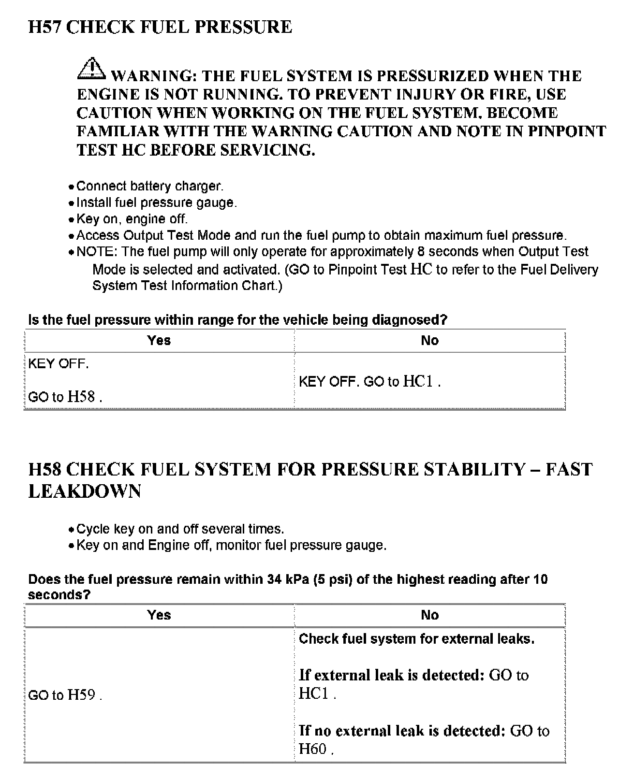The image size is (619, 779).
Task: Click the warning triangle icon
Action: [x=91, y=69]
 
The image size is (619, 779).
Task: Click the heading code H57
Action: [x=44, y=27]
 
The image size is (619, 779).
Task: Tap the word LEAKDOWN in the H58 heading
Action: [x=85, y=491]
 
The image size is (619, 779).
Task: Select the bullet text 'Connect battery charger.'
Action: [x=150, y=186]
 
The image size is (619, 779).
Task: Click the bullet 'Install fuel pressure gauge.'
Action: [x=157, y=202]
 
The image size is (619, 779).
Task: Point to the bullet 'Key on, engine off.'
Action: [x=132, y=219]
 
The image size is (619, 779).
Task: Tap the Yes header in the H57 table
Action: [x=159, y=341]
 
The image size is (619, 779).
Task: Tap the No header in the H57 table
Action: [x=429, y=341]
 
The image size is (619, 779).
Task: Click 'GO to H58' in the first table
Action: [x=65, y=397]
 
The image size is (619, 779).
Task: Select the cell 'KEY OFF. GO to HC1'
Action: [x=369, y=382]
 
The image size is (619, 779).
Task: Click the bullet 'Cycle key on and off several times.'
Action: [x=180, y=529]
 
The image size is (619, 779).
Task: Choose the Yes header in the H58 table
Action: [x=159, y=615]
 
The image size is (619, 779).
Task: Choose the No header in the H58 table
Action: [x=429, y=615]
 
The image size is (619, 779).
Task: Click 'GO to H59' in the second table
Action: [x=65, y=695]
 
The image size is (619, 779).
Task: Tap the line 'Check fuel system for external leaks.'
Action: [x=416, y=639]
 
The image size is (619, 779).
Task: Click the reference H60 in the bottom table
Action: [x=313, y=749]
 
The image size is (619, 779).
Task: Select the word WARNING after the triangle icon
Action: [x=153, y=76]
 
